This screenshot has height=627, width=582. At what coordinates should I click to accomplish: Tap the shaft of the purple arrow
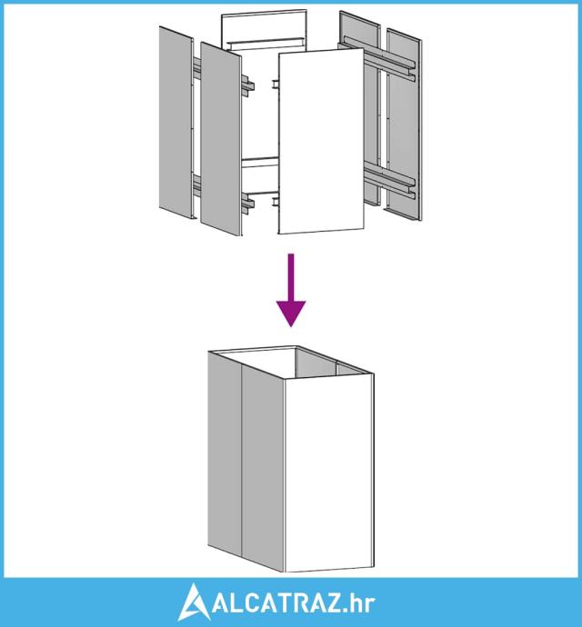tap(291, 278)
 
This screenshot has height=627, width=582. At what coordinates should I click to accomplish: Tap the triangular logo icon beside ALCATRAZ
tap(193, 602)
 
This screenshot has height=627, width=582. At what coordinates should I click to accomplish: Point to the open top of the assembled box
tap(292, 361)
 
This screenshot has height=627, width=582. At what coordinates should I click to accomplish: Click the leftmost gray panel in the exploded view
tap(176, 123)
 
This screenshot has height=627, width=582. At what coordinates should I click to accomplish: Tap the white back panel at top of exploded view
tap(265, 30)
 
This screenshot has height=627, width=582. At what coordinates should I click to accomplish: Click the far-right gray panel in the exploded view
tap(405, 124)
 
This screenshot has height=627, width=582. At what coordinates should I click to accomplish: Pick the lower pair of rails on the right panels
tap(389, 184)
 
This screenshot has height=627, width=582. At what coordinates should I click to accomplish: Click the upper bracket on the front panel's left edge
tap(276, 85)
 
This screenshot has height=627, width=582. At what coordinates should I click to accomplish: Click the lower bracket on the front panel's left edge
tap(276, 202)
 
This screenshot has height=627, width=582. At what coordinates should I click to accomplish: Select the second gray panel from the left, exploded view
tap(221, 139)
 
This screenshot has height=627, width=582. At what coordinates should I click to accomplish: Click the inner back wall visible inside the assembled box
tap(316, 363)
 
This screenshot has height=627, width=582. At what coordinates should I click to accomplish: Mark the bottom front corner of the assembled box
tap(284, 572)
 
